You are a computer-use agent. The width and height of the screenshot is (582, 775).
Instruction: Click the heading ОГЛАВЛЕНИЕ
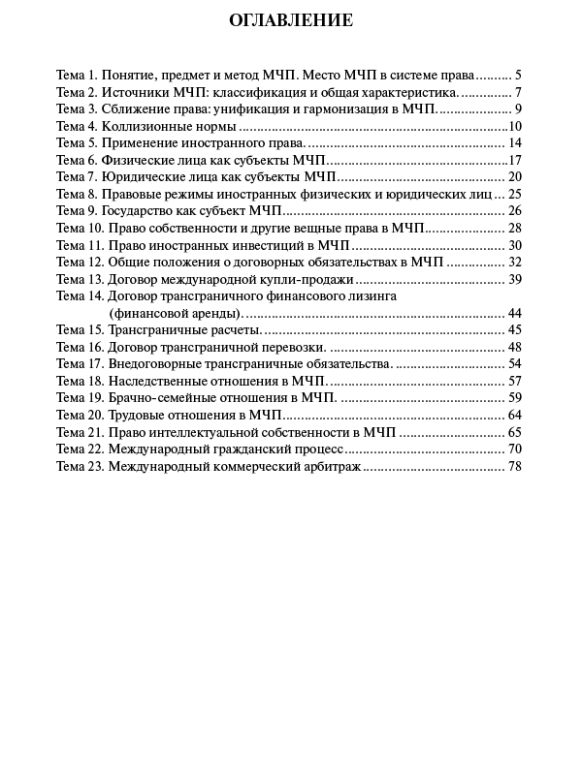(x=291, y=20)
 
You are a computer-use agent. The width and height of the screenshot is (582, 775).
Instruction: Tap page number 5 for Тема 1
(x=519, y=75)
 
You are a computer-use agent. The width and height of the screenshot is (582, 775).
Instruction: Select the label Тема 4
(x=77, y=126)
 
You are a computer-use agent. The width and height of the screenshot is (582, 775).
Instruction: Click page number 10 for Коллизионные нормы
(x=515, y=126)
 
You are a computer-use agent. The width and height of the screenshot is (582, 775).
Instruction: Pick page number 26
(x=515, y=210)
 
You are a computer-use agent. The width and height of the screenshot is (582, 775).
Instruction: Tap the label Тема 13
(x=80, y=279)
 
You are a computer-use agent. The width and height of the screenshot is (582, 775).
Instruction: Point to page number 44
(x=515, y=313)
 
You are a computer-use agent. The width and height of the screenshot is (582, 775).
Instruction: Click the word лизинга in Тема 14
(x=371, y=296)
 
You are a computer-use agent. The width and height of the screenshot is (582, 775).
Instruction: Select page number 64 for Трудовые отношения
(x=515, y=415)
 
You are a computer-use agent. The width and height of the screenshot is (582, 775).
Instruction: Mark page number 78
(x=515, y=466)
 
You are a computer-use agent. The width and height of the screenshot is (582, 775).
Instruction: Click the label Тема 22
(x=80, y=449)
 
